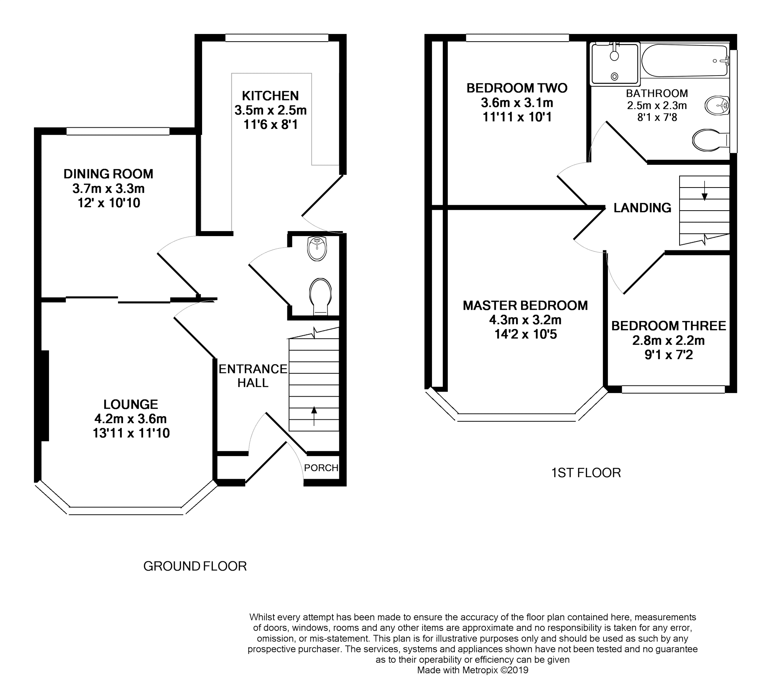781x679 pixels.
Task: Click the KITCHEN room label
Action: pyautogui.click(x=270, y=96)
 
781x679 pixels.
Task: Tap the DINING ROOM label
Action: pyautogui.click(x=108, y=174)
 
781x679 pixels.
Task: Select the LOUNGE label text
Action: pyautogui.click(x=131, y=404)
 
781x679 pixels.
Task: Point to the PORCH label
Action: pyautogui.click(x=321, y=468)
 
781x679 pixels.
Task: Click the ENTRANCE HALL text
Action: pyautogui.click(x=253, y=376)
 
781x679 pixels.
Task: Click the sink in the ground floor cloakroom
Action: pyautogui.click(x=317, y=249)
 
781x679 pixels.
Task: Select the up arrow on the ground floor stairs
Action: pyautogui.click(x=314, y=416)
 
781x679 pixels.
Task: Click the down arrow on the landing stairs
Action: pyautogui.click(x=705, y=191)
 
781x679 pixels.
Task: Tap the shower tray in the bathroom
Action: pyautogui.click(x=615, y=64)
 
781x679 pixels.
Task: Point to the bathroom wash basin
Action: pyautogui.click(x=717, y=105)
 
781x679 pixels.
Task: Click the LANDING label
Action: pyautogui.click(x=643, y=208)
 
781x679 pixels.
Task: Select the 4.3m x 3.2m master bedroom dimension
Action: pyautogui.click(x=525, y=320)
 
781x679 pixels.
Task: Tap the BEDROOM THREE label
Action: pyautogui.click(x=669, y=326)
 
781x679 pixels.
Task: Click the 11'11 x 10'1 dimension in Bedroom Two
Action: pyautogui.click(x=517, y=117)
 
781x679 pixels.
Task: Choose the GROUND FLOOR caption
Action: pyautogui.click(x=195, y=566)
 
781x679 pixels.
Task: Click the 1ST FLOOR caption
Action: pyautogui.click(x=586, y=473)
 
